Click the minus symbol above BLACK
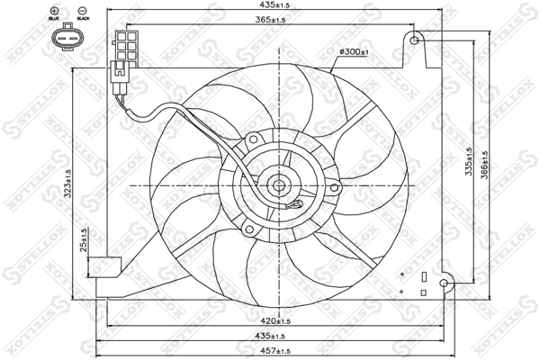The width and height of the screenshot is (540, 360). [x=83, y=9]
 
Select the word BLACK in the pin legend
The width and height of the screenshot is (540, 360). [x=83, y=19]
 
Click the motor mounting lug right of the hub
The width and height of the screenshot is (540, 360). [x=335, y=188]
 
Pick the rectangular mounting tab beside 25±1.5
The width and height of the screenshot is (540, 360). [x=111, y=267]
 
